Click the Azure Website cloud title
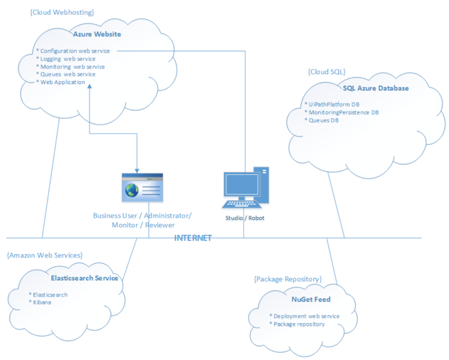click(97, 33)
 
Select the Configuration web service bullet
click(75, 51)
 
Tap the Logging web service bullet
click(68, 59)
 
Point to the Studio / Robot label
click(244, 218)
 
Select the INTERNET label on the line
click(193, 238)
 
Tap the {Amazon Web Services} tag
click(45, 255)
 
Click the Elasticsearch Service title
click(85, 278)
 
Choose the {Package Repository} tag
click(287, 280)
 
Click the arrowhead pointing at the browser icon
click(137, 171)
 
